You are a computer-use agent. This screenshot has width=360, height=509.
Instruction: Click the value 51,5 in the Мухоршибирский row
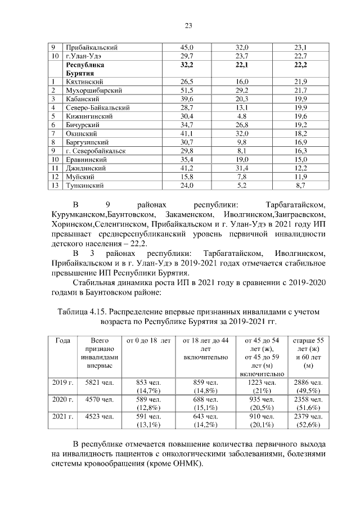tap(186, 91)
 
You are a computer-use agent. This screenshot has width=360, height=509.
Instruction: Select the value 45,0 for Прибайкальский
tap(186, 48)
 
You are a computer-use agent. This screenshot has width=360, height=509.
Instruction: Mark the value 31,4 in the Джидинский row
tap(242, 168)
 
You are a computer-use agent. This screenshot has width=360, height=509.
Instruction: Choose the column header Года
tap(62, 341)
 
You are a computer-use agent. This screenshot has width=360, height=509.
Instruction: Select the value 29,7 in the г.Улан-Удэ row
tap(186, 56)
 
